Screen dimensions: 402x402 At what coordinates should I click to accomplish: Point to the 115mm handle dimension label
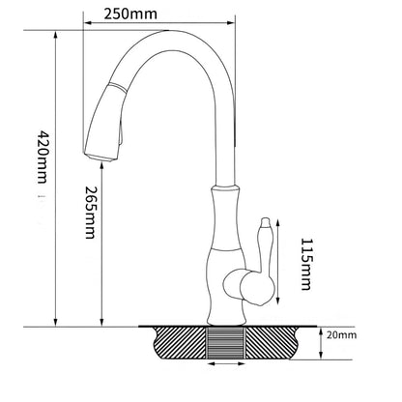pos(307,255)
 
